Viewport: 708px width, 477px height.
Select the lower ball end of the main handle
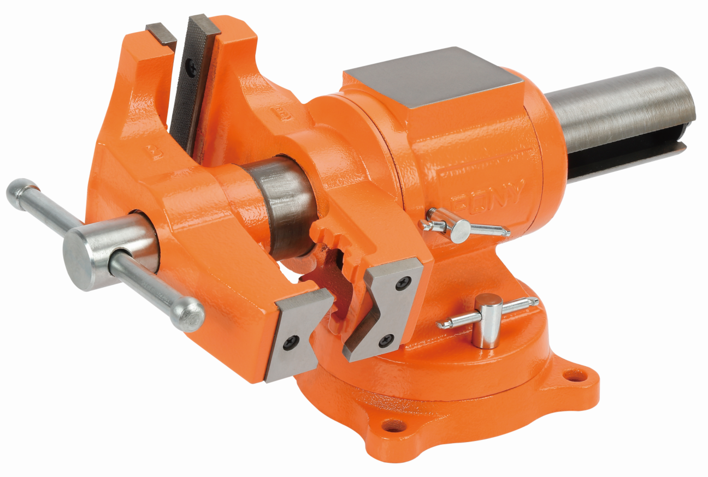tap(187, 315)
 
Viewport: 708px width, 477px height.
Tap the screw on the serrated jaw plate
tap(192, 67)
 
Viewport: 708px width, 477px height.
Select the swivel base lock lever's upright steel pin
tap(486, 322)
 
